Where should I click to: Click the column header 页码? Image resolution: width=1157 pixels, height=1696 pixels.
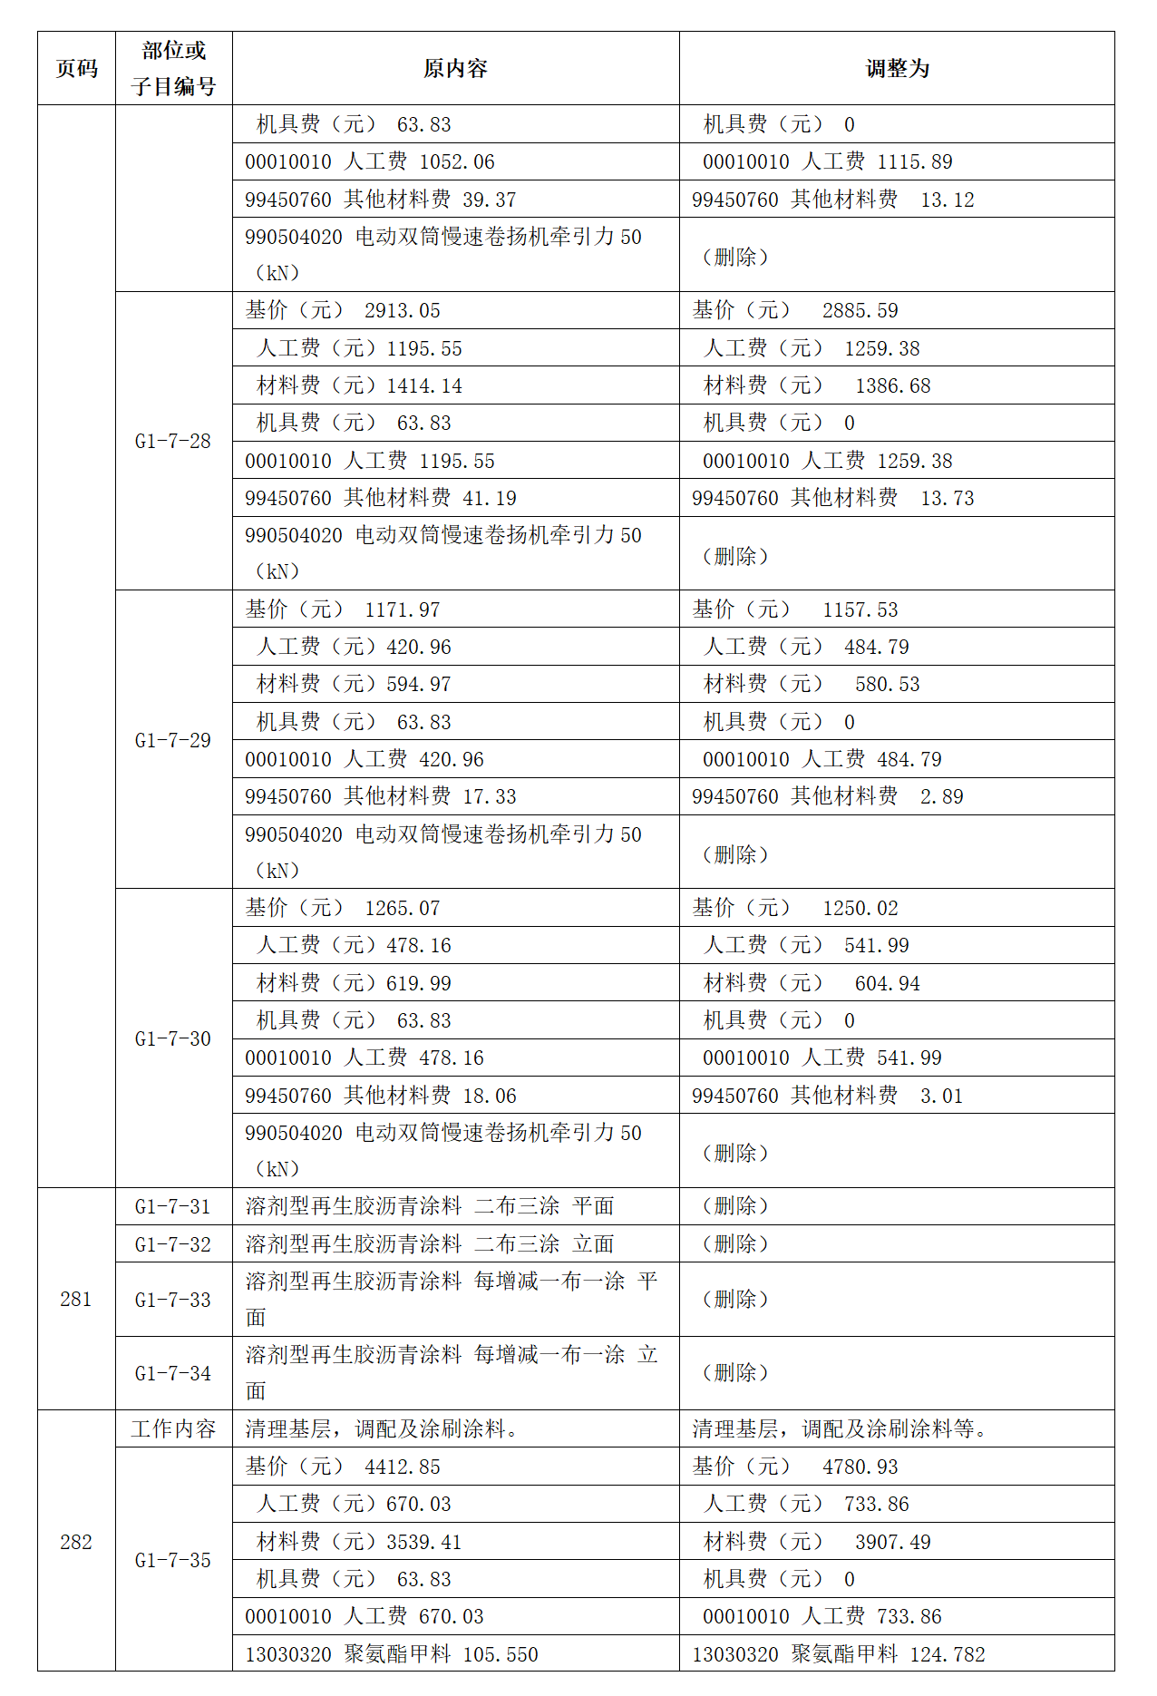(x=76, y=69)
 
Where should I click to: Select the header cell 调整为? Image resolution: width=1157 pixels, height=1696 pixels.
(x=897, y=69)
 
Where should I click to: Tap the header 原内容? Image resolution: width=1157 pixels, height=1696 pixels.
(x=455, y=69)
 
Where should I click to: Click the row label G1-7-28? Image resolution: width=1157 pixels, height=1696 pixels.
(x=173, y=442)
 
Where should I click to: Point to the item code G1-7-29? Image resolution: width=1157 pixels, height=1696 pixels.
(x=173, y=740)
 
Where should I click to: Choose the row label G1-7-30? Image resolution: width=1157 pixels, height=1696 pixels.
(x=173, y=1038)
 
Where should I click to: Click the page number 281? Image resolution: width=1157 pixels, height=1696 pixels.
(x=76, y=1299)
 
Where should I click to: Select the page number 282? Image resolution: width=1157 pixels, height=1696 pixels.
(x=76, y=1542)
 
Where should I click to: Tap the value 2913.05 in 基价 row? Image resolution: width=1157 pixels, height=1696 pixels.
(x=402, y=311)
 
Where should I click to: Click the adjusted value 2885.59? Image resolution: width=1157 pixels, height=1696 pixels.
(x=860, y=311)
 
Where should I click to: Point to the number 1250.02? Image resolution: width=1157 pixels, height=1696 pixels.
(x=860, y=908)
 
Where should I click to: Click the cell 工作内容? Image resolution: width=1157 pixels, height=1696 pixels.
(x=173, y=1429)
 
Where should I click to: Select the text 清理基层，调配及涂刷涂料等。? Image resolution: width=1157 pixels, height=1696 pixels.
(x=840, y=1429)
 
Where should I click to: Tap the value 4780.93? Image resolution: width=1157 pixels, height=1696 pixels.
(x=860, y=1467)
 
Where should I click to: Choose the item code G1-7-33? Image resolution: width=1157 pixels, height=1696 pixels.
(x=173, y=1300)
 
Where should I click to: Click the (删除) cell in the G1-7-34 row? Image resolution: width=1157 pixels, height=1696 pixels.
(x=735, y=1373)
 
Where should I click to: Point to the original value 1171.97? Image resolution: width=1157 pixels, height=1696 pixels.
(x=402, y=609)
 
